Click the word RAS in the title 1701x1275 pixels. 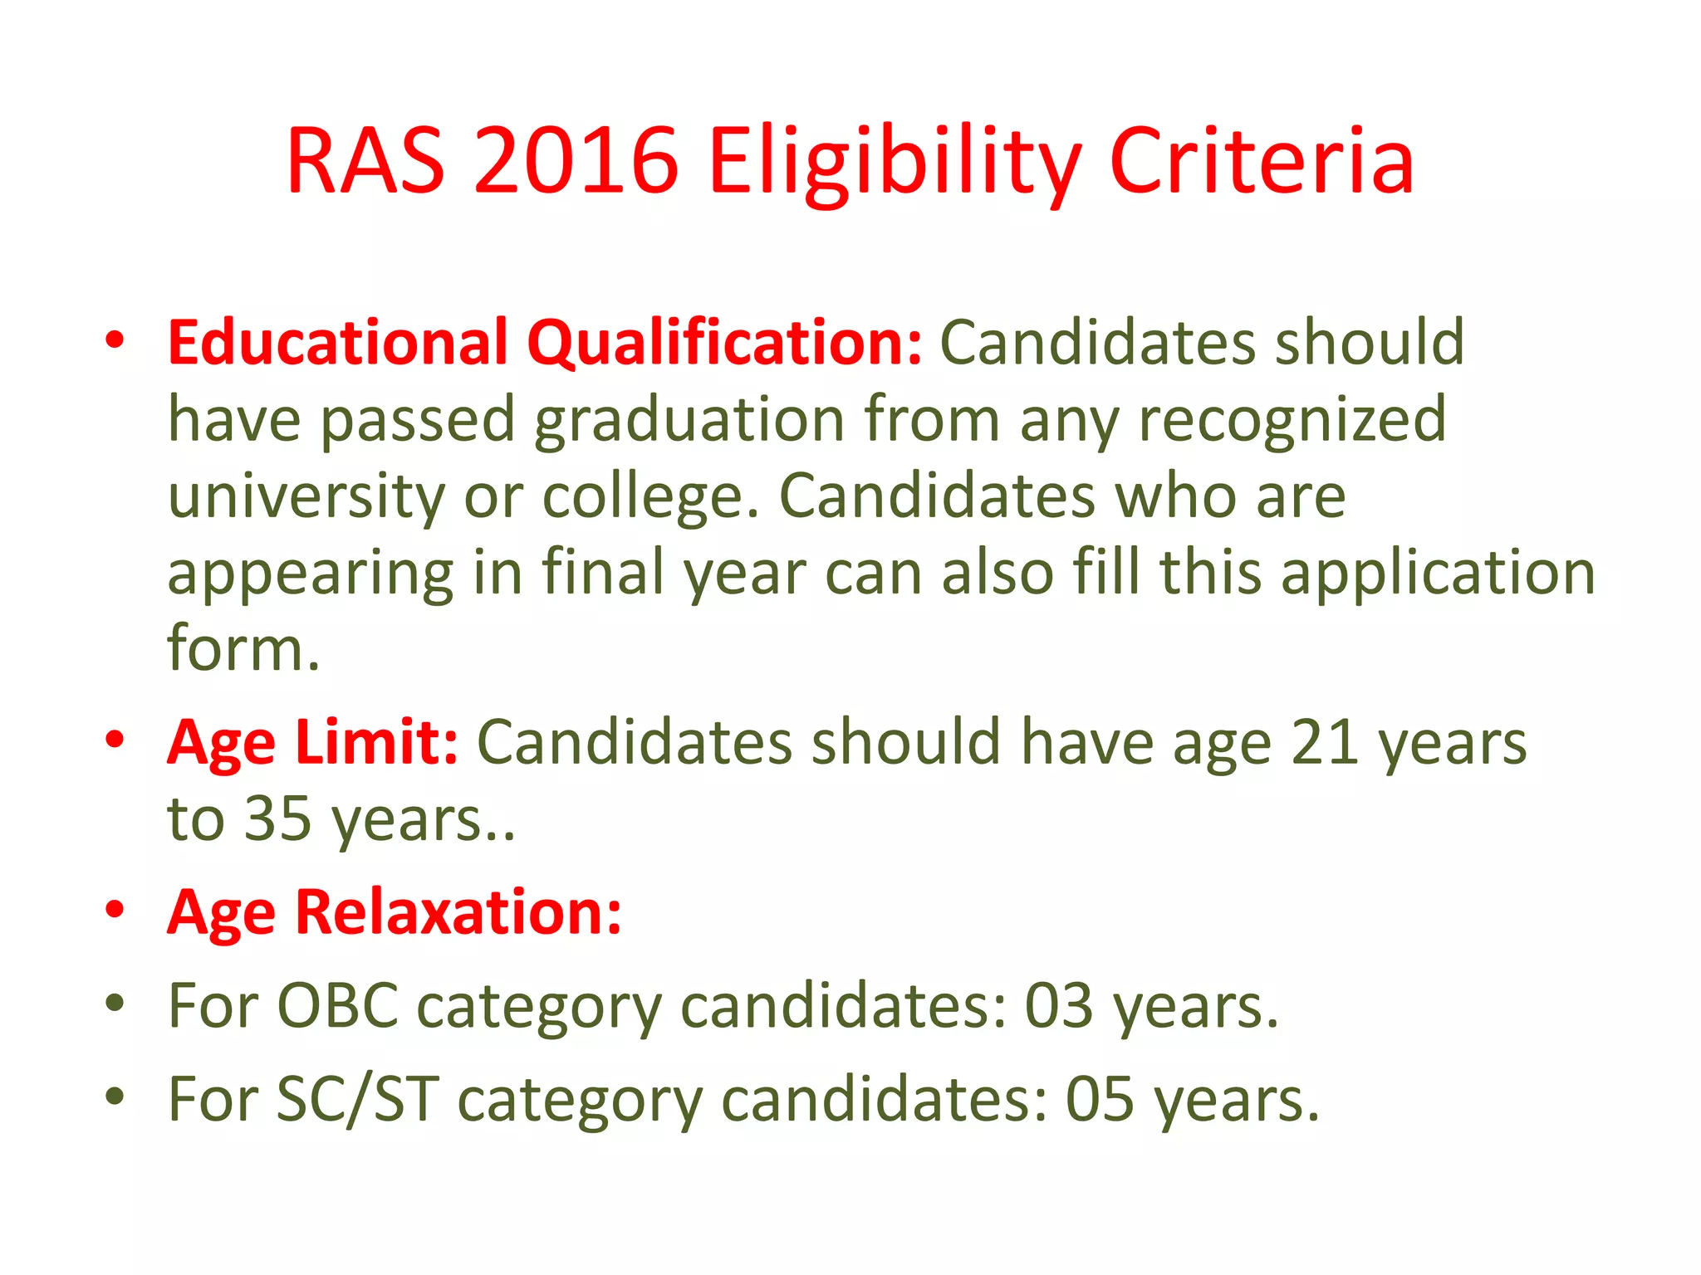coord(365,162)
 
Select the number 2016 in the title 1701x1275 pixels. coord(576,162)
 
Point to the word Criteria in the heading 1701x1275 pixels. coord(1262,162)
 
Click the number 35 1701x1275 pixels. coord(278,818)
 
